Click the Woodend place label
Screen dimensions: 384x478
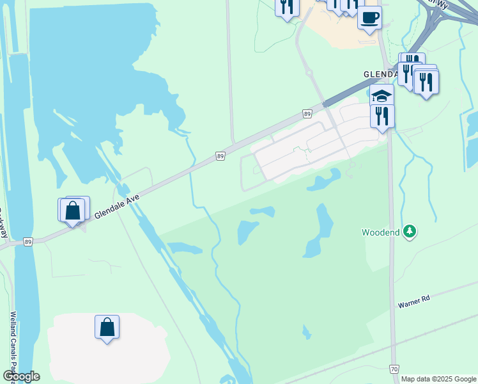tap(381, 232)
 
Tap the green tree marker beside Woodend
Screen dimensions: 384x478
tap(409, 232)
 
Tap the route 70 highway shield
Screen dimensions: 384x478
tap(394, 369)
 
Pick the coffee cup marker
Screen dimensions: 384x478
tap(369, 18)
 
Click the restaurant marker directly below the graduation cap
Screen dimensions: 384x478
tap(382, 116)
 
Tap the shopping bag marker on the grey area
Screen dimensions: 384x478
tap(107, 327)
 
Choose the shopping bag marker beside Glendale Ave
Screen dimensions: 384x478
tap(73, 210)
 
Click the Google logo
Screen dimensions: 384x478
tap(21, 376)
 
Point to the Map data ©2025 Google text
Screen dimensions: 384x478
tap(438, 379)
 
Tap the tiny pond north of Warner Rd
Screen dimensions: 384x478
tap(307, 332)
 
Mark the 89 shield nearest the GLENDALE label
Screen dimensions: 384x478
tap(308, 114)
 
